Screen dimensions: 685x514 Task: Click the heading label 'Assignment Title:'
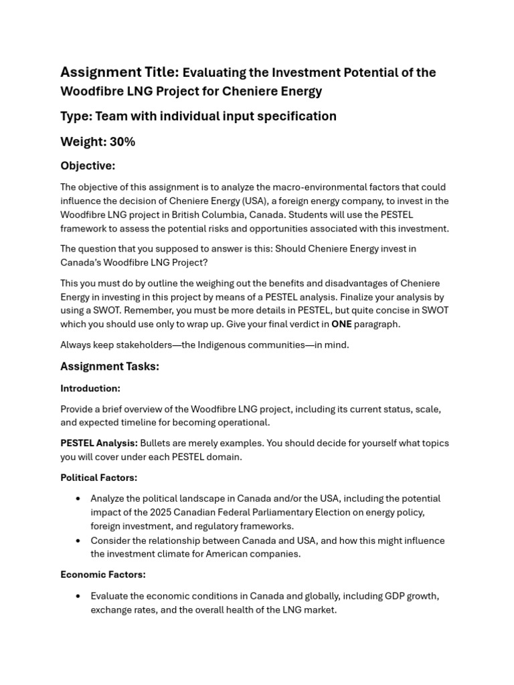point(119,72)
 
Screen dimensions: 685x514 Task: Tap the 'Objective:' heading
point(88,166)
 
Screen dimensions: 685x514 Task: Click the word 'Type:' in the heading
point(76,116)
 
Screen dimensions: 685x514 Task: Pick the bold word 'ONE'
point(341,324)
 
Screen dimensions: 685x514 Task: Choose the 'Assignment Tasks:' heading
point(110,367)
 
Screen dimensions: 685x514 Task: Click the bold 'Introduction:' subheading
point(90,389)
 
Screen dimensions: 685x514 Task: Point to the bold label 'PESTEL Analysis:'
point(99,444)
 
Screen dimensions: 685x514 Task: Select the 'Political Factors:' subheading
point(98,478)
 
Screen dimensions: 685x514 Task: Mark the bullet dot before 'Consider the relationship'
point(78,541)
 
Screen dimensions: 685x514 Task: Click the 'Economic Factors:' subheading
point(102,575)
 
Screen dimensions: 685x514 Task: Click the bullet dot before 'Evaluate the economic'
point(78,596)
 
